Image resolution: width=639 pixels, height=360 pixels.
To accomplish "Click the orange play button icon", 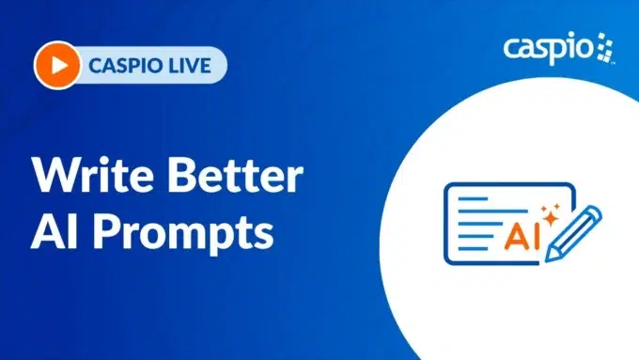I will pyautogui.click(x=54, y=66).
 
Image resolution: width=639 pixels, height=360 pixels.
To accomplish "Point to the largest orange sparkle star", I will pyautogui.click(x=553, y=208).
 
